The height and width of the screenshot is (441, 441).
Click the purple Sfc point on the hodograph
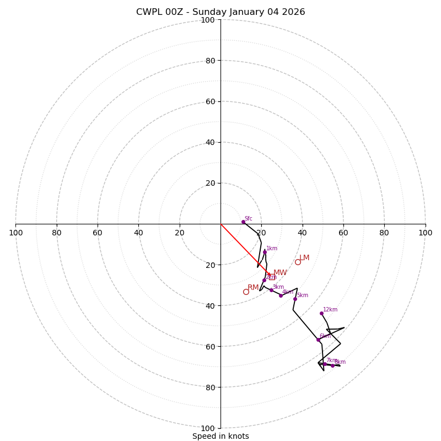pyautogui.click(x=243, y=222)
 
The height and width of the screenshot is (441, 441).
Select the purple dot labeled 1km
pyautogui.click(x=265, y=252)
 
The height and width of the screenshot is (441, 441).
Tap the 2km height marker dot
pyautogui.click(x=264, y=280)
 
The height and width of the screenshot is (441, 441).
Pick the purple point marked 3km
pyautogui.click(x=271, y=290)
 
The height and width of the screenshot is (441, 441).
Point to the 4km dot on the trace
pyautogui.click(x=281, y=295)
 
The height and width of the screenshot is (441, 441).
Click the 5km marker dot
pyautogui.click(x=295, y=299)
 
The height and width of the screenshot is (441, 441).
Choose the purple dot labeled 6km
pyautogui.click(x=318, y=340)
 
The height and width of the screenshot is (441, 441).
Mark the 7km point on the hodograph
pyautogui.click(x=325, y=364)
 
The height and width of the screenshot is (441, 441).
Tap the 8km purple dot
pyautogui.click(x=332, y=365)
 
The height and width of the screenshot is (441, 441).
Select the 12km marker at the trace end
pyautogui.click(x=321, y=313)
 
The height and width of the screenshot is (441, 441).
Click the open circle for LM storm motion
pyautogui.click(x=298, y=262)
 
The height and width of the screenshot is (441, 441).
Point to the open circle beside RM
pyautogui.click(x=246, y=292)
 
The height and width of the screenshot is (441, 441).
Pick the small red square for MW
pyautogui.click(x=272, y=277)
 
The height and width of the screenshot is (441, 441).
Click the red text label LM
pyautogui.click(x=304, y=257)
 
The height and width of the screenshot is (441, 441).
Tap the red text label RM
pyautogui.click(x=253, y=287)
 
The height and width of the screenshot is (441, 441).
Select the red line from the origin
pyautogui.click(x=245, y=249)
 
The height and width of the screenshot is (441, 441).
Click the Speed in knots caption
pyautogui.click(x=220, y=436)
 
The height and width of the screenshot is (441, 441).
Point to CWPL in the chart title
pyautogui.click(x=148, y=12)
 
